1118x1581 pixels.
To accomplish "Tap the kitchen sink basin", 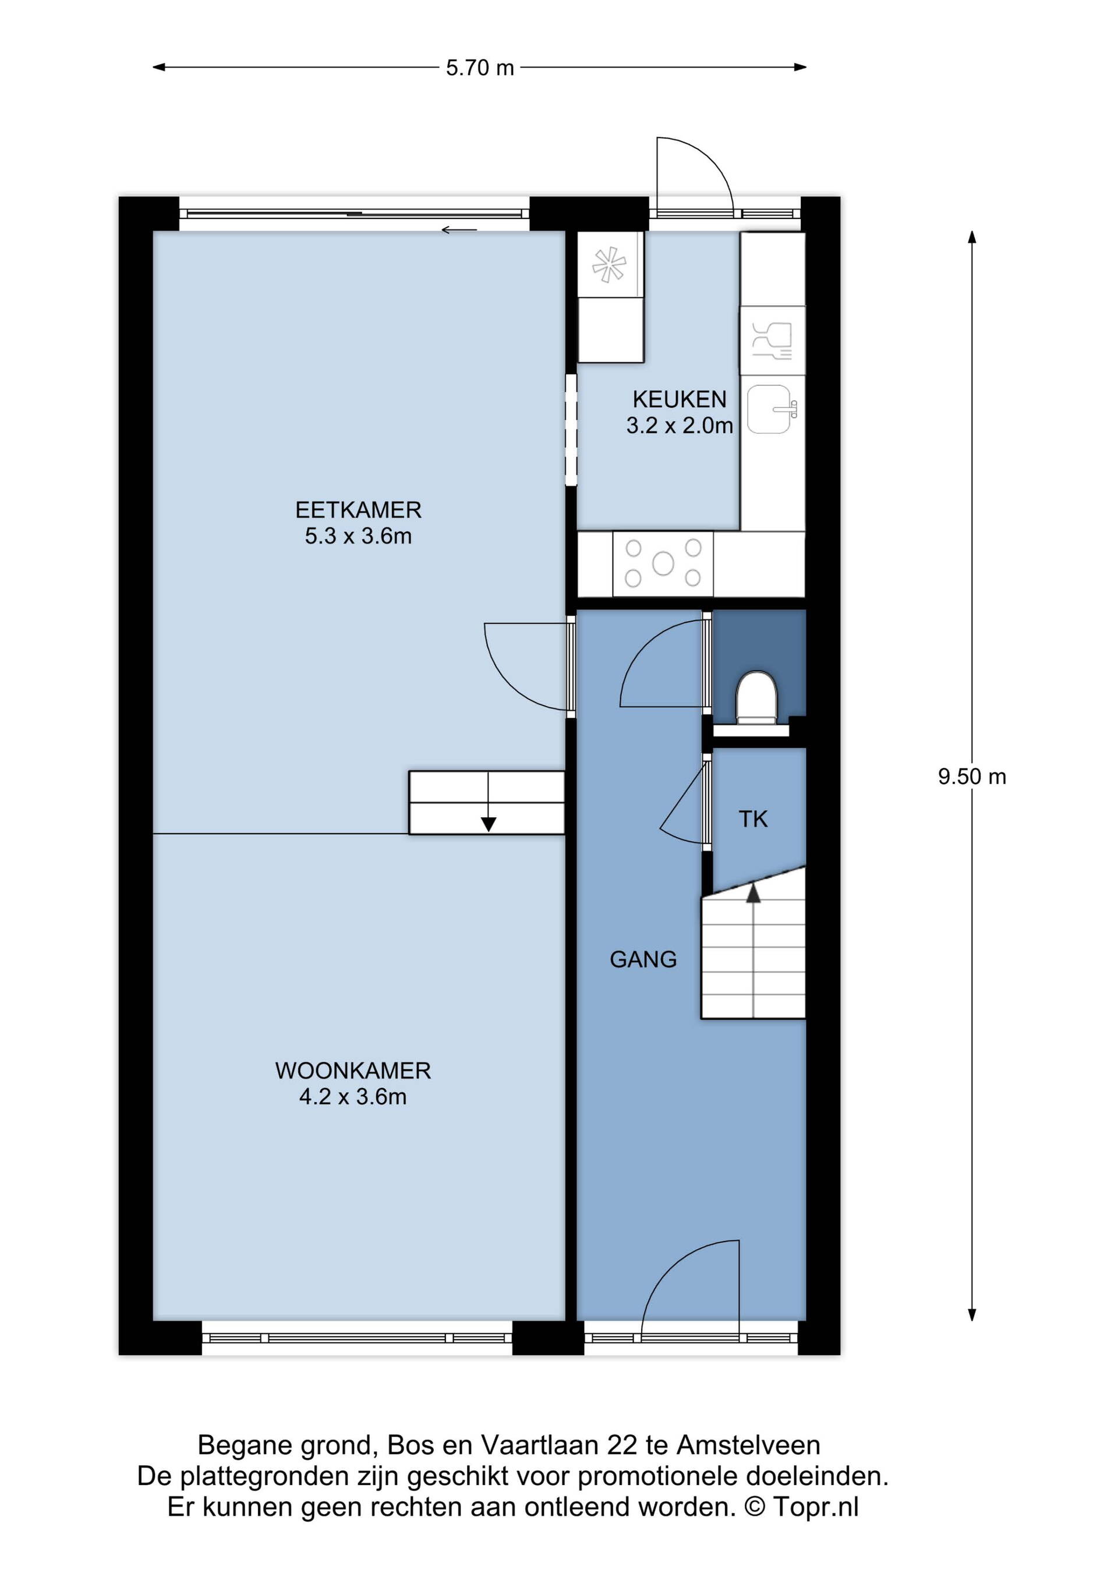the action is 769,409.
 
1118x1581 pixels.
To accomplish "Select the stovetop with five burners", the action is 663,563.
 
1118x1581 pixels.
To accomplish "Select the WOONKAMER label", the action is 353,1070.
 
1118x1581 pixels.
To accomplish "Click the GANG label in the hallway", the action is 643,959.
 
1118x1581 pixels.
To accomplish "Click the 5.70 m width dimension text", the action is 480,68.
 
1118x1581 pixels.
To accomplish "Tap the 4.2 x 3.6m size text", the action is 353,1096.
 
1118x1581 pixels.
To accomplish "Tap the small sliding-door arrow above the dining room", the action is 459,230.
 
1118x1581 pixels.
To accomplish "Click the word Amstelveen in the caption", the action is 748,1445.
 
